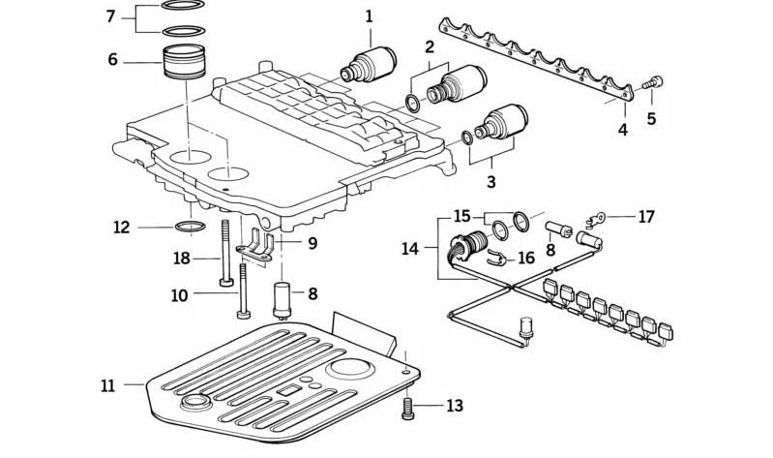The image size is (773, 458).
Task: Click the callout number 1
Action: pos(368,16)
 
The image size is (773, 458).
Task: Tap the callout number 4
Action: pos(623,129)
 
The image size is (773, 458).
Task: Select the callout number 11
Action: pos(107,385)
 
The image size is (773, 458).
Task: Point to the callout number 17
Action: pos(645,217)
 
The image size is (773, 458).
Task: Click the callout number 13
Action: pos(455,406)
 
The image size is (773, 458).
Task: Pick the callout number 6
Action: pos(113,60)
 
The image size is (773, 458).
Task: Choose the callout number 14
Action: pos(410,249)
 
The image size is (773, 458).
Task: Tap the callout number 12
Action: pos(121,229)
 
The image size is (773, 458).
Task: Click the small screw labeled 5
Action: pos(653,85)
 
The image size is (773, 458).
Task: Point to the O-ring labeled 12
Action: pos(191,228)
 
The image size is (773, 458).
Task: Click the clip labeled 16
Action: pos(496,258)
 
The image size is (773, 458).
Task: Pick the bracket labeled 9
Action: pos(258,247)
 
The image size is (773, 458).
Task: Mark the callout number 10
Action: pos(180,294)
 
